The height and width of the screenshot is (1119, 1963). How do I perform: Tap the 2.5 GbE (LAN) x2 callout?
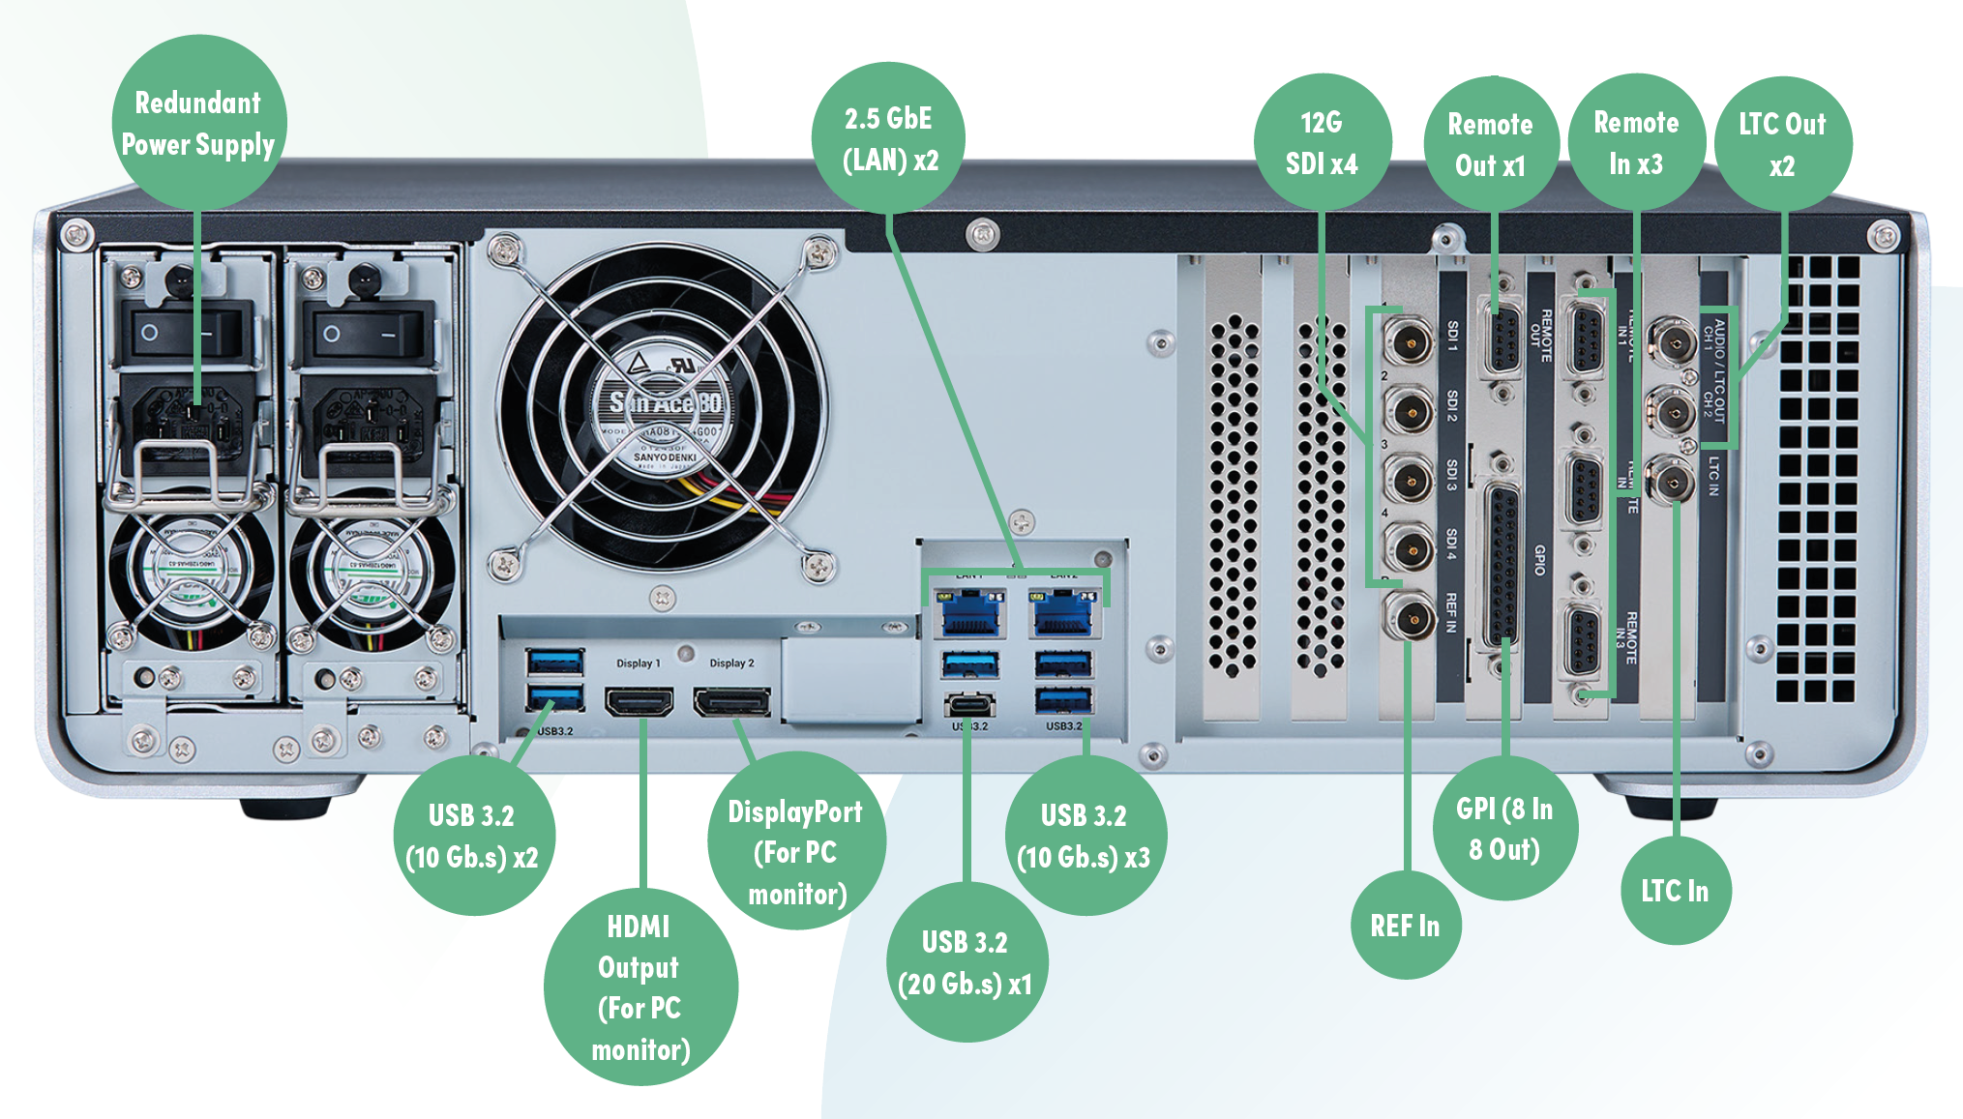click(889, 138)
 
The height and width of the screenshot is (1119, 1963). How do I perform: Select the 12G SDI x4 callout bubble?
click(1322, 142)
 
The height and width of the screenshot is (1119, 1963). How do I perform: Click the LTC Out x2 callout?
click(1782, 143)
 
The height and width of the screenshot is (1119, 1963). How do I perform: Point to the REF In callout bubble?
click(1405, 926)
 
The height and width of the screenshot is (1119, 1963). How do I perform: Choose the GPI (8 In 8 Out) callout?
click(1504, 829)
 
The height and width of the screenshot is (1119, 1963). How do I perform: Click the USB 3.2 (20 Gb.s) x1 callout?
click(966, 962)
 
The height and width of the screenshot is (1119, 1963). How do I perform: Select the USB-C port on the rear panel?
click(969, 703)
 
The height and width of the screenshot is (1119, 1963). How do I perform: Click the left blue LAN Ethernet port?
click(969, 615)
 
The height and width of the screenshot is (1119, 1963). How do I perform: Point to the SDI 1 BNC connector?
click(1408, 341)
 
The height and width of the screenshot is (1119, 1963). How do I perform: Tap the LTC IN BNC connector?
click(1672, 481)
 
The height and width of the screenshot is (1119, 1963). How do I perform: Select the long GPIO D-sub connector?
click(1502, 566)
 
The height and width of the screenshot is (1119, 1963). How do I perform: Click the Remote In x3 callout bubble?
click(1636, 142)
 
